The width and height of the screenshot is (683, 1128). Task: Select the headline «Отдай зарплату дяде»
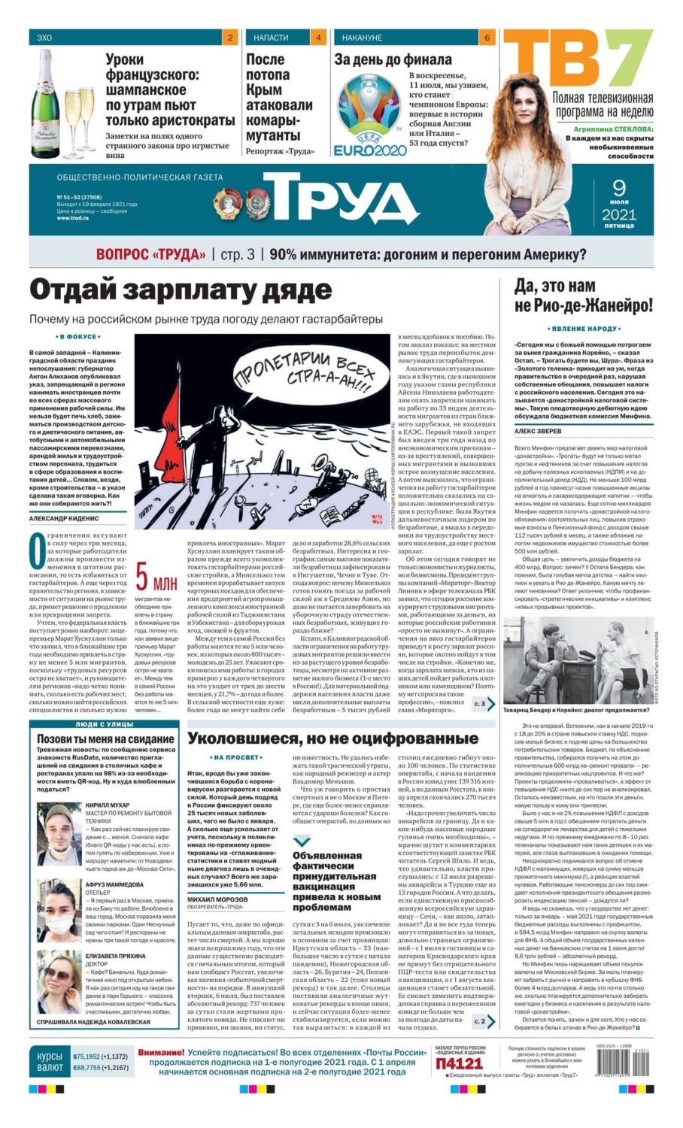click(181, 290)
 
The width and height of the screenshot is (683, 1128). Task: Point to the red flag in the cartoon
click(168, 422)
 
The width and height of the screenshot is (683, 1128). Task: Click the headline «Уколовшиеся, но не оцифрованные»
click(332, 738)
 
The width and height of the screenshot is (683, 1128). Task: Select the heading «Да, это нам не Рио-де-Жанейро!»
click(583, 296)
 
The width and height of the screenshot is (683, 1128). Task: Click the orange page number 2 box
click(229, 38)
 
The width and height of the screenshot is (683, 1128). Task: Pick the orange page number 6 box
click(487, 38)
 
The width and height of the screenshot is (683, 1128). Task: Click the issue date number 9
click(619, 187)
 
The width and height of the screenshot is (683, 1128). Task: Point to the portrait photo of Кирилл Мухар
click(59, 835)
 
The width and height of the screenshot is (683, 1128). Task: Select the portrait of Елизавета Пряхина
click(59, 981)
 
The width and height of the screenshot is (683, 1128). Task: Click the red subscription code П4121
click(459, 1063)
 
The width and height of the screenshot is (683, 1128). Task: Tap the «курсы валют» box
click(50, 1062)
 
